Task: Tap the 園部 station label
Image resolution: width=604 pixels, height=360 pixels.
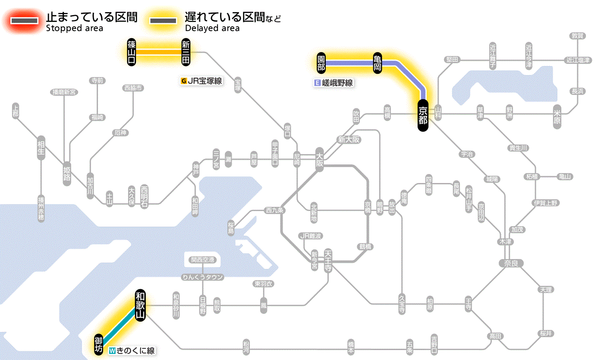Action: point(321,63)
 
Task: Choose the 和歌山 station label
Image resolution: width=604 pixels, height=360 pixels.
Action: point(140,305)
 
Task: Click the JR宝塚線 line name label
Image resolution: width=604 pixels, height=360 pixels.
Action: point(201,81)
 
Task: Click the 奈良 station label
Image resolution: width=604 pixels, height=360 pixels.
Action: point(511,263)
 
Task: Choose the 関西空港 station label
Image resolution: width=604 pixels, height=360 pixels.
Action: point(202,260)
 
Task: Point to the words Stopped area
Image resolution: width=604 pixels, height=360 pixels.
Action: point(75,28)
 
